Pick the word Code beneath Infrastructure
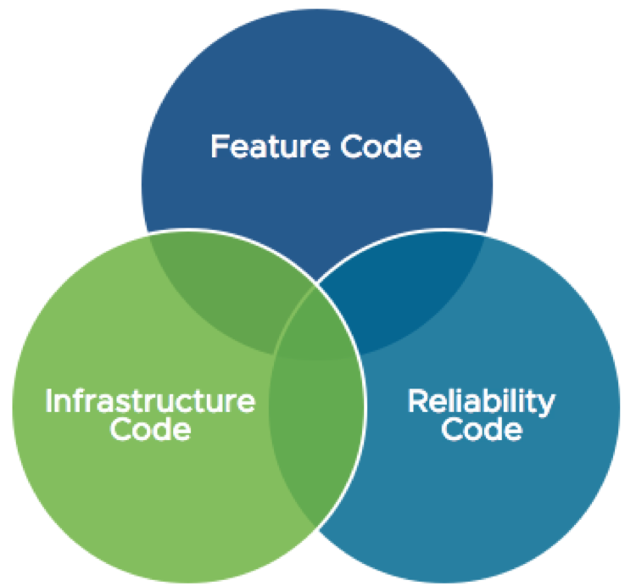(x=150, y=431)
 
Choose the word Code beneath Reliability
(x=482, y=431)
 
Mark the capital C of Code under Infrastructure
(x=122, y=431)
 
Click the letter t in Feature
(x=273, y=148)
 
